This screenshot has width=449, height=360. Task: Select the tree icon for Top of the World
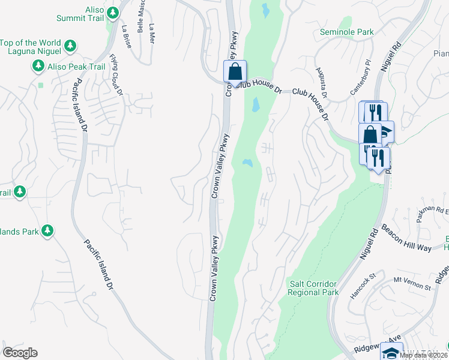click(x=70, y=45)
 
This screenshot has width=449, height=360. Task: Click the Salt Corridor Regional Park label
click(x=312, y=288)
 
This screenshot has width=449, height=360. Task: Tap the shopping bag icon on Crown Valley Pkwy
click(x=235, y=71)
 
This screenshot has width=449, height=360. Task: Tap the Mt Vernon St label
click(x=412, y=284)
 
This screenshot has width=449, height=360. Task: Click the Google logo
click(x=20, y=353)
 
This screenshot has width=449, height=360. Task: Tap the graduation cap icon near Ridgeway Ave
click(x=391, y=353)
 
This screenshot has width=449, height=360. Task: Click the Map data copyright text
click(x=423, y=355)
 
